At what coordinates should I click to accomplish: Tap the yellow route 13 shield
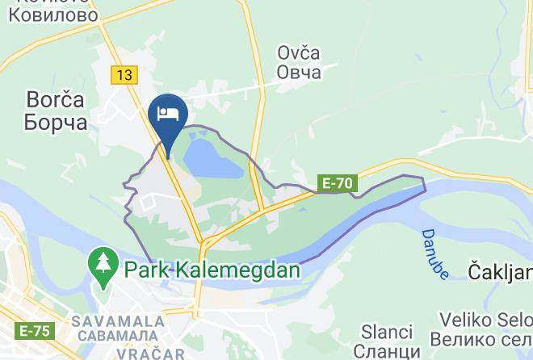[x=124, y=75]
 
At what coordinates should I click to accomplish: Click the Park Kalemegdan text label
[x=211, y=269]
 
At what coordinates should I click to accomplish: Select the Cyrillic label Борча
[x=46, y=123]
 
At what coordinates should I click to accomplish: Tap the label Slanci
[x=388, y=333]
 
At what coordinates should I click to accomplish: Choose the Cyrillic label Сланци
[x=388, y=352]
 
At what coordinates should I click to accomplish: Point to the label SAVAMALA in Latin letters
[x=118, y=320]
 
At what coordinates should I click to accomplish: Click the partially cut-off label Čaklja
[x=500, y=272]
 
